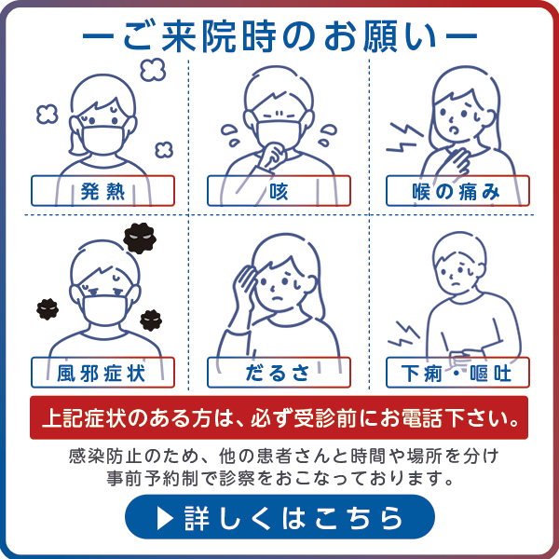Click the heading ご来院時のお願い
click(x=279, y=36)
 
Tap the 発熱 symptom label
click(x=102, y=191)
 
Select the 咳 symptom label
click(x=279, y=191)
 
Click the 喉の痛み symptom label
click(x=457, y=191)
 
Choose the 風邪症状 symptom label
click(x=102, y=373)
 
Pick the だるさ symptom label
click(x=279, y=373)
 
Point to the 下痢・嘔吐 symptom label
click(x=457, y=373)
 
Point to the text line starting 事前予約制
click(x=279, y=480)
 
